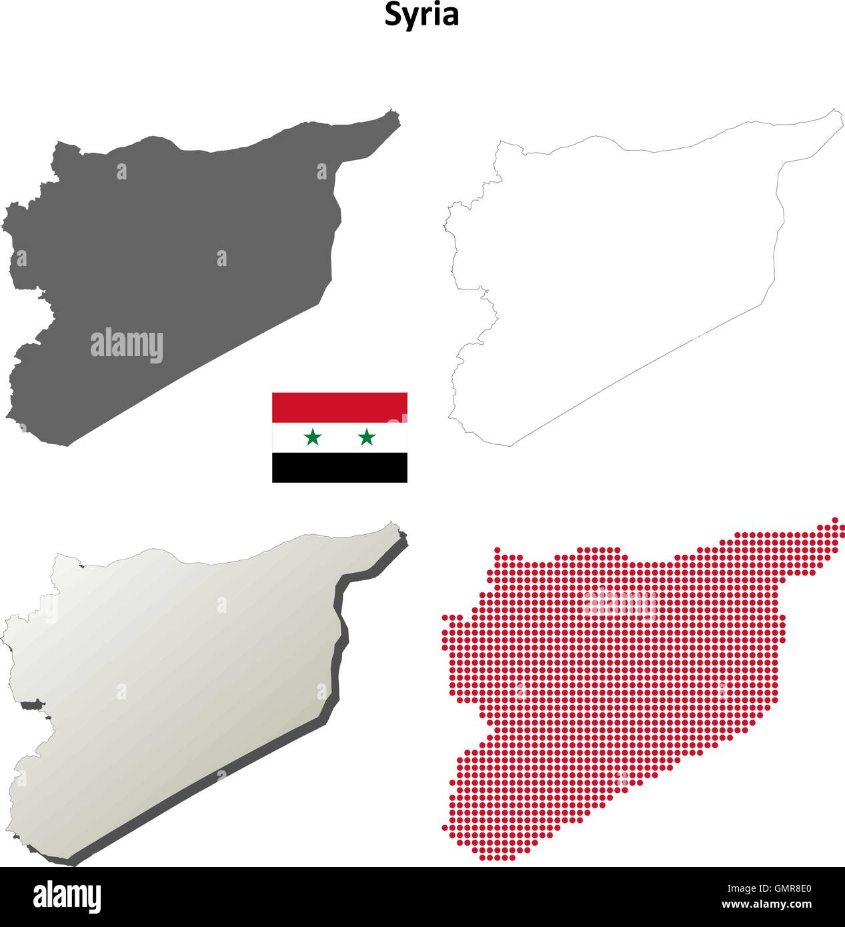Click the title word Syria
(421, 15)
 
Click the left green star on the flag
(312, 437)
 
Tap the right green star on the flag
(367, 437)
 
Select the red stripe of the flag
(339, 407)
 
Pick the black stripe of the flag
(339, 467)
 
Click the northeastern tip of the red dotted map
(834, 520)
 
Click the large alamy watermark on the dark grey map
(127, 345)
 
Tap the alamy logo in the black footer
(67, 897)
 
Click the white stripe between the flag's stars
(339, 437)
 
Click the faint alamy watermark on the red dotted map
(620, 604)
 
